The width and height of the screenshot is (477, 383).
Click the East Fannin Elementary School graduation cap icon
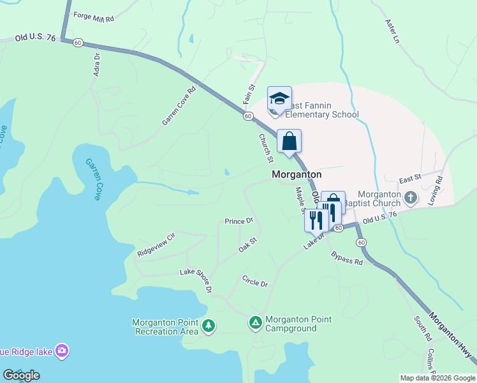[279, 98]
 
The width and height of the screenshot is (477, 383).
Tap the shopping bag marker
[289, 141]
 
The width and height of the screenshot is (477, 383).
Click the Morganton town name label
[297, 174]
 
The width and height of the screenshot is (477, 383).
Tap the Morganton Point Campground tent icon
[255, 323]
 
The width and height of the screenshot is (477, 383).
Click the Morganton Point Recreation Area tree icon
[208, 326]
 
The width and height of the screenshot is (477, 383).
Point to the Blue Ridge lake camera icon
[62, 350]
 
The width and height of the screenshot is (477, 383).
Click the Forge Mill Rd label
[93, 17]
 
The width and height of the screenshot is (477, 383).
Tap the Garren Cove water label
[93, 179]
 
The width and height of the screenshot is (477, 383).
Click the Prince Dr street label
[239, 222]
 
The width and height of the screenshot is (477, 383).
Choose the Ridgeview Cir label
[156, 245]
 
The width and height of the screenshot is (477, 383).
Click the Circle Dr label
[255, 281]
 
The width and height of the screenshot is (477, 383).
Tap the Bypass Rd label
[347, 258]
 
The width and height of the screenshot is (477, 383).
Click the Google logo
[21, 375]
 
